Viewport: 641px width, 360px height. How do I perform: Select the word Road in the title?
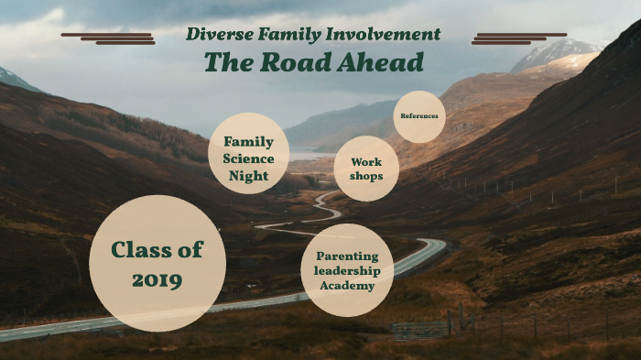point(295,62)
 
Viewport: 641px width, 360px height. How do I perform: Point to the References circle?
point(420,116)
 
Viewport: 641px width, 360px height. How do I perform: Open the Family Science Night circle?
point(249,154)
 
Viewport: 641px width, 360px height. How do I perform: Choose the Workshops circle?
point(366,169)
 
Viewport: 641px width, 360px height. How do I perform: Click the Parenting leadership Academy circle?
point(347,270)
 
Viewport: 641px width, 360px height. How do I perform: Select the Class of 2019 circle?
point(158,263)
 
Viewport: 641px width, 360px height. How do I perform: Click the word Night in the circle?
point(249,176)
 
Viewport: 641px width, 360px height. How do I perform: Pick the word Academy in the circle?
point(347,286)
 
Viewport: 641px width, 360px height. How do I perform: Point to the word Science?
point(249,158)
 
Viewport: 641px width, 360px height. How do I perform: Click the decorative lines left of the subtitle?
point(108,38)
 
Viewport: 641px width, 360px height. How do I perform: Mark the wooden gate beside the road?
point(420,329)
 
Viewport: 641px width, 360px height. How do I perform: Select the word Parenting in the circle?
point(348,256)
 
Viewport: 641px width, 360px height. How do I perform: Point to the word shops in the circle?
point(366,177)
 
